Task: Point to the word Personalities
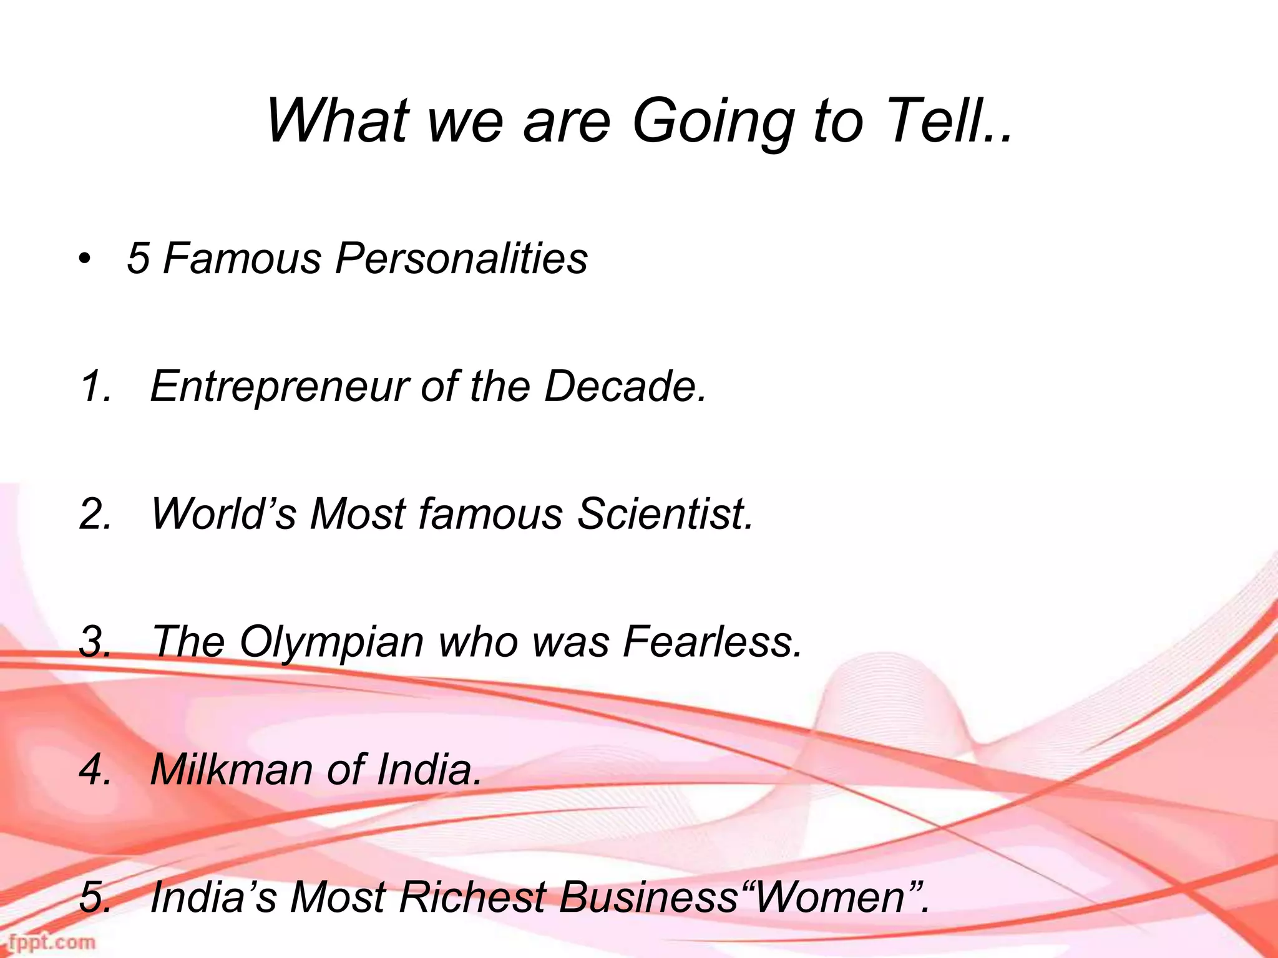pos(461,258)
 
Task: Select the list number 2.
pos(95,514)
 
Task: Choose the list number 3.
pos(95,642)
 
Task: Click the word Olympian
pos(331,643)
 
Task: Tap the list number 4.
pos(95,770)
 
